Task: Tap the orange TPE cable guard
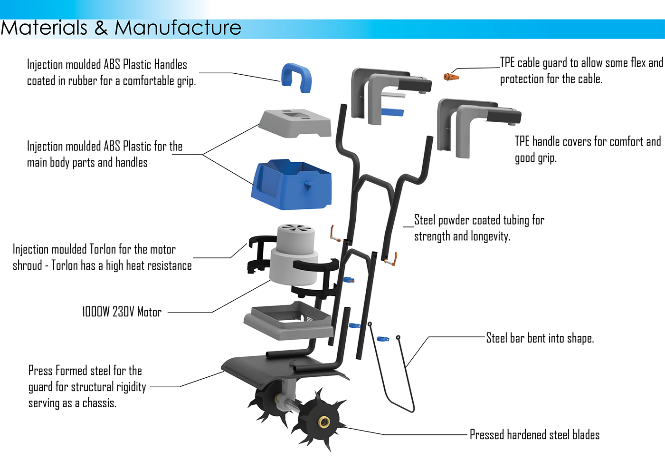point(451,76)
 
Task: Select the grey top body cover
point(295,123)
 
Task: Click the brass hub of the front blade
point(324,422)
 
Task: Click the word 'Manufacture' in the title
point(178,28)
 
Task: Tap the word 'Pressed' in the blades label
point(487,435)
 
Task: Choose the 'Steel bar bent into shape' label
point(540,338)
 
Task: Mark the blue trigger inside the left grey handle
point(392,112)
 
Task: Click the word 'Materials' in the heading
point(44,28)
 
